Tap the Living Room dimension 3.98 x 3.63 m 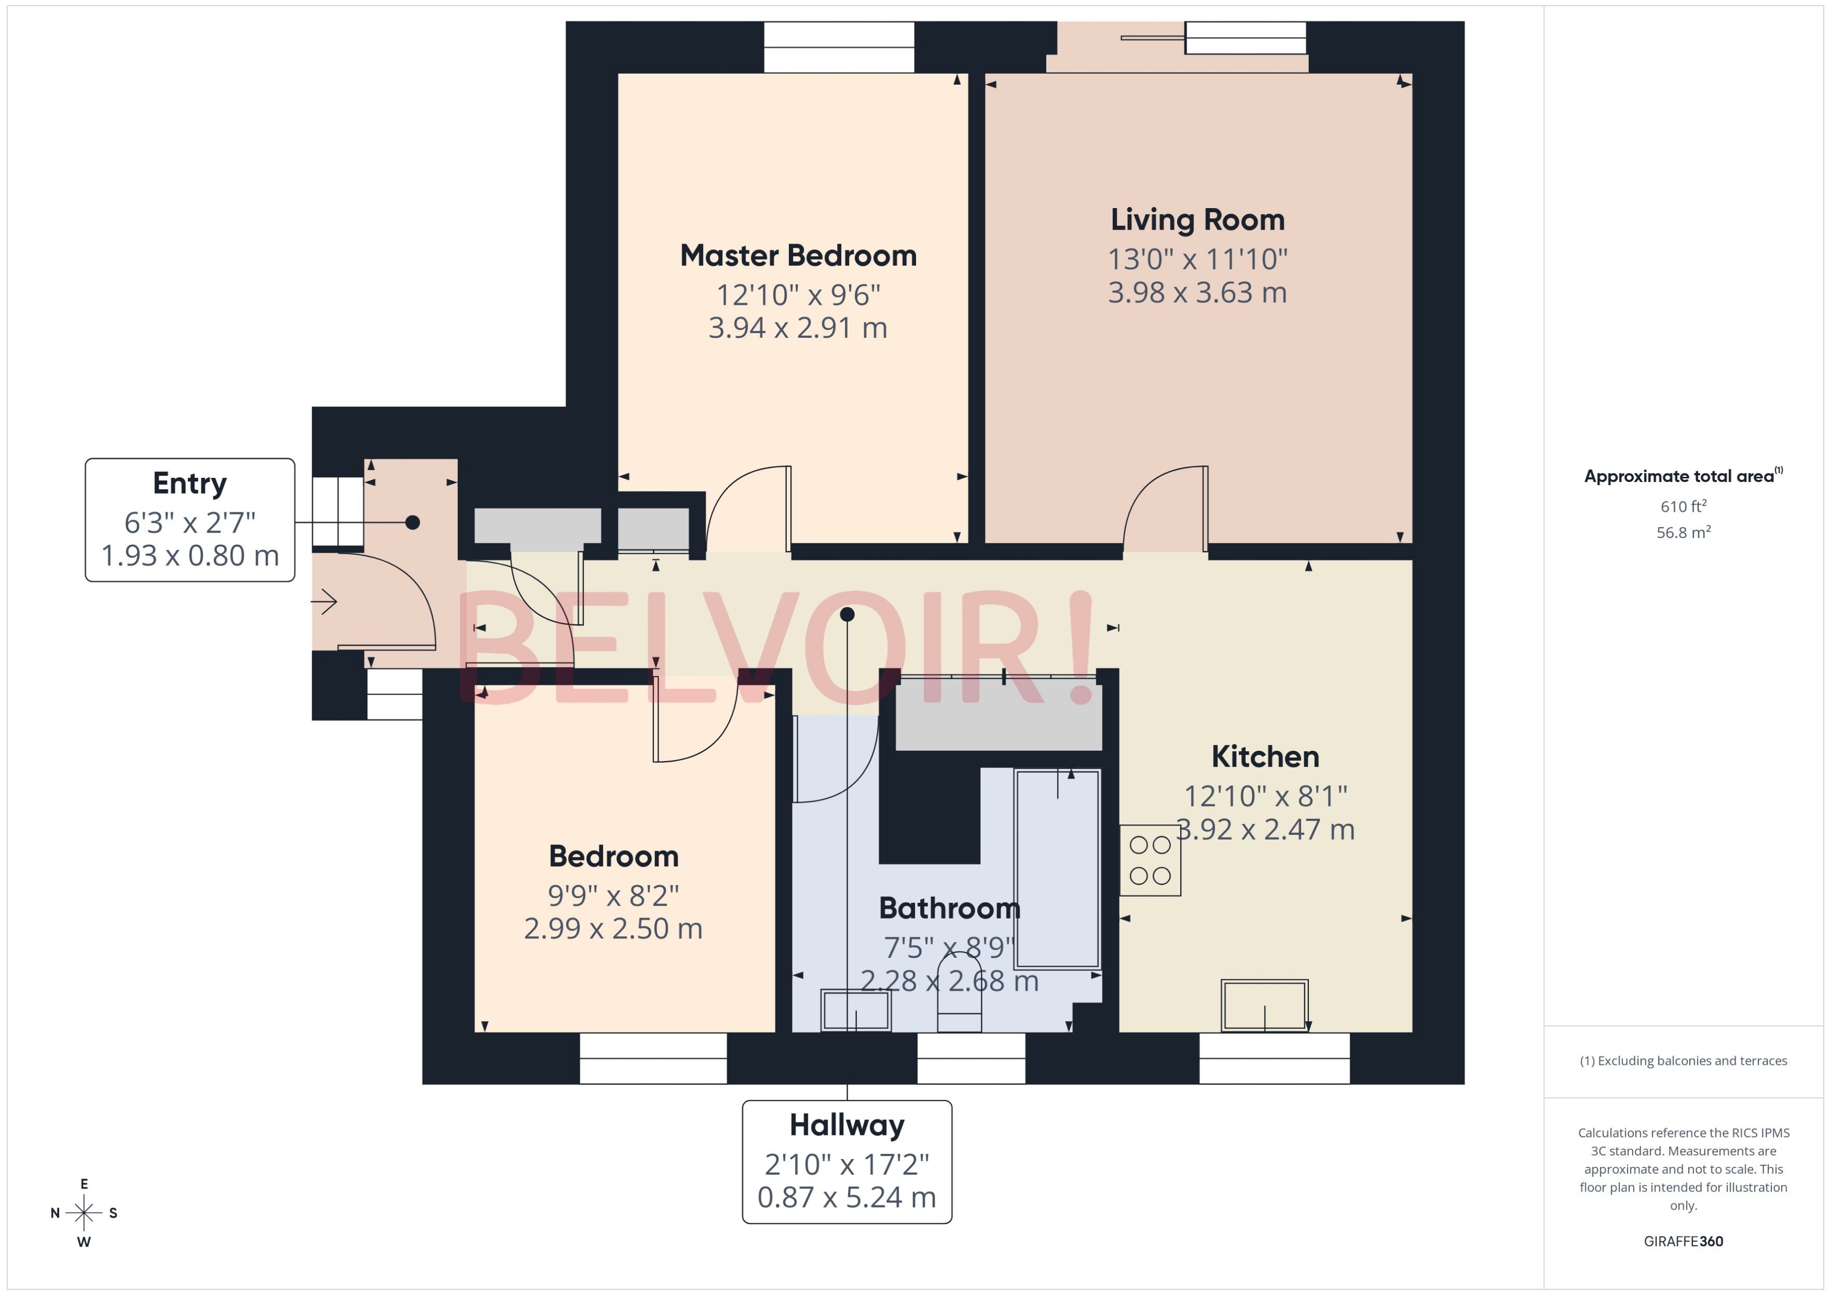pyautogui.click(x=1197, y=293)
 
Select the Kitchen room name pyautogui.click(x=1264, y=757)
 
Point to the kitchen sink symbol pyautogui.click(x=1264, y=1005)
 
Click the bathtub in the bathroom pyautogui.click(x=1057, y=869)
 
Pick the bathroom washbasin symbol pyautogui.click(x=856, y=1010)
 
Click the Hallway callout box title pyautogui.click(x=846, y=1125)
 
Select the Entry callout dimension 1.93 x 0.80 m pyautogui.click(x=190, y=556)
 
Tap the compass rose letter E pyautogui.click(x=84, y=1184)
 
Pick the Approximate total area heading pyautogui.click(x=1679, y=476)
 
